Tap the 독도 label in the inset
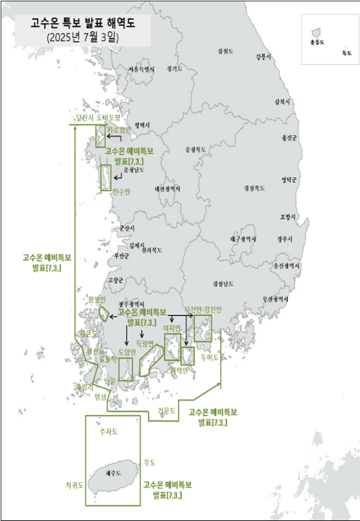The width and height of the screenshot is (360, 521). [x=347, y=53]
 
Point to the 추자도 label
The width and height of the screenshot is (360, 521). [x=107, y=432]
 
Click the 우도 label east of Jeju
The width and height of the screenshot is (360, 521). [x=150, y=463]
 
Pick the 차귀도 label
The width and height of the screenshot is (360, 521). [x=74, y=485]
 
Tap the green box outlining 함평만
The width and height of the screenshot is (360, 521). [x=104, y=314]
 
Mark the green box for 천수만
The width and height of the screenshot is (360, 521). [x=105, y=176]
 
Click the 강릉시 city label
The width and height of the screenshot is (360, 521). [x=263, y=56]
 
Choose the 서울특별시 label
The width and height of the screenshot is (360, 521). [x=141, y=69]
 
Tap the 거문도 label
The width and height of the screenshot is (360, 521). [x=166, y=410]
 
